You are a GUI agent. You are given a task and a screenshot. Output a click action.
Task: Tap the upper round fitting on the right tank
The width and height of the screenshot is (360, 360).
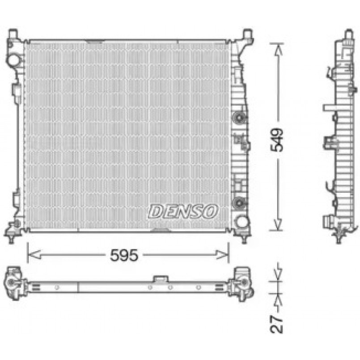[239, 118]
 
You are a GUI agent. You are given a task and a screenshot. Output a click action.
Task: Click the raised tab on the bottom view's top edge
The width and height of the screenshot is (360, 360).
[159, 279]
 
